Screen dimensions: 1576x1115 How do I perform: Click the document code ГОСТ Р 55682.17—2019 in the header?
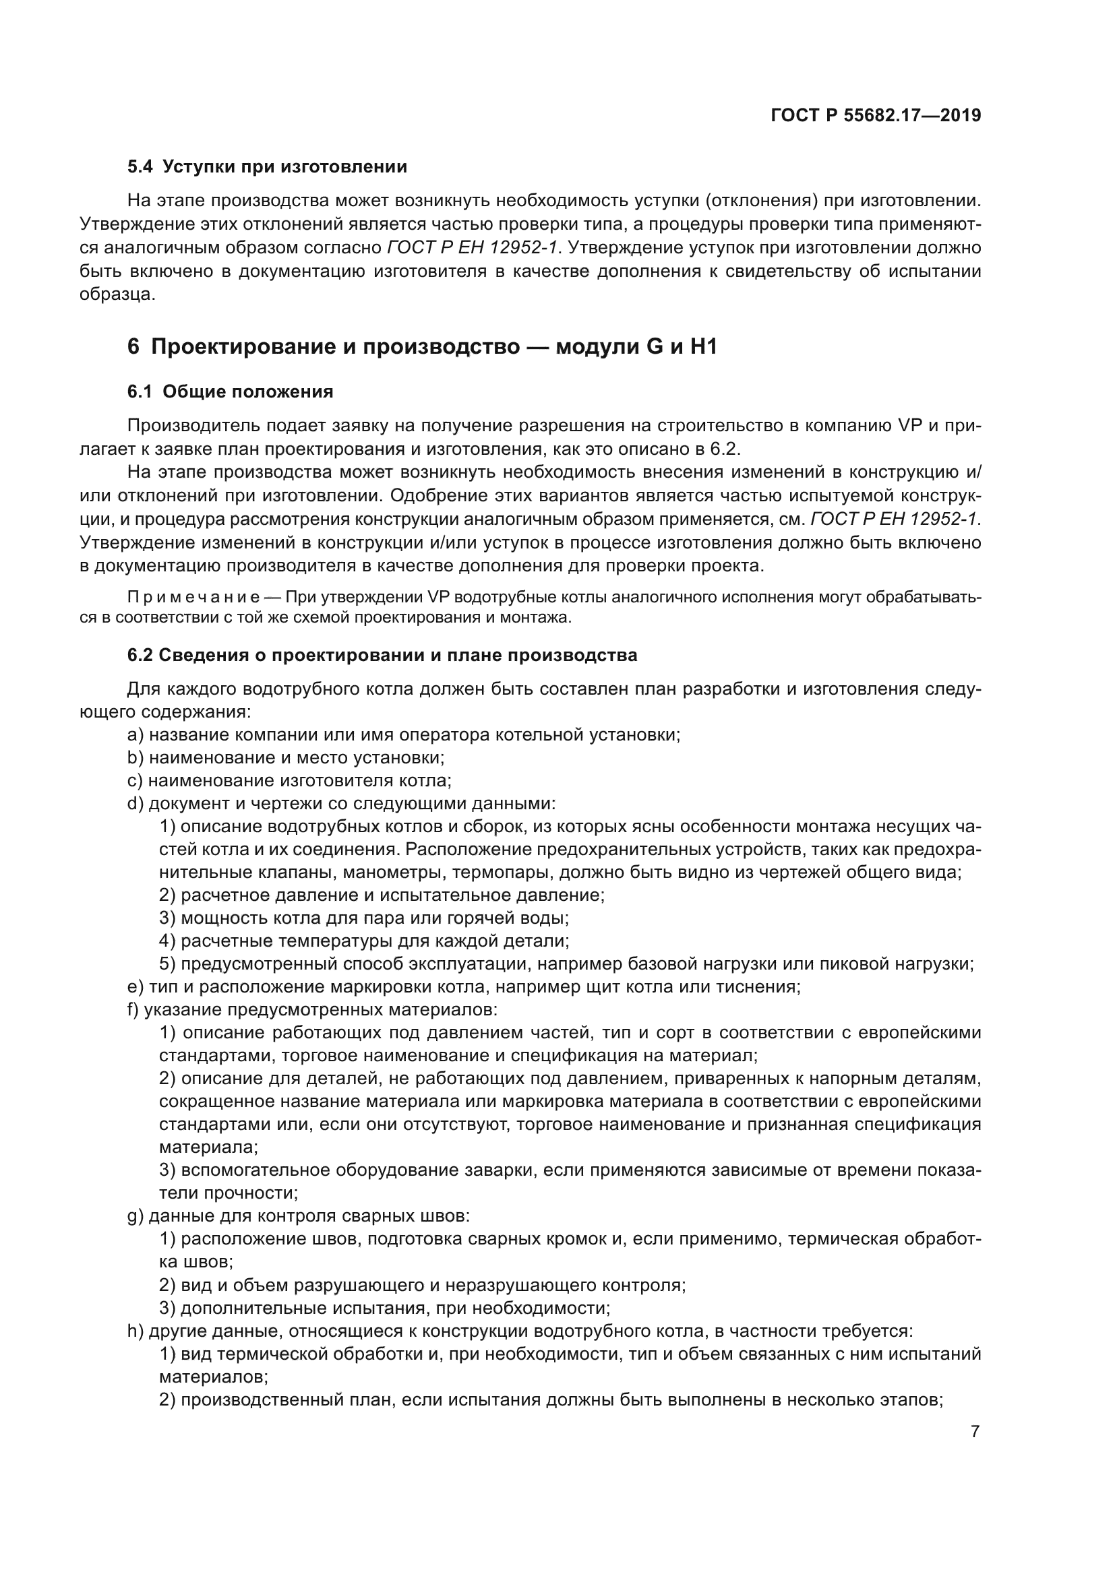point(876,115)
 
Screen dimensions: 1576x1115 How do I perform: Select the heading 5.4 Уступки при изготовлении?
point(267,167)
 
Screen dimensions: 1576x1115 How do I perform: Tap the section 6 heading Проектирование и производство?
point(421,346)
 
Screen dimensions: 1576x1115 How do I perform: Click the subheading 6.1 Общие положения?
point(230,392)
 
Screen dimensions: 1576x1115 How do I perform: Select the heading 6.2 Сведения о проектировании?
point(382,655)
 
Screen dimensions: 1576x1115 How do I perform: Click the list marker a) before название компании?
point(135,735)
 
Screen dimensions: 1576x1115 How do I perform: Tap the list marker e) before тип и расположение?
point(135,987)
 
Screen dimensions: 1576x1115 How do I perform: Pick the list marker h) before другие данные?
point(135,1331)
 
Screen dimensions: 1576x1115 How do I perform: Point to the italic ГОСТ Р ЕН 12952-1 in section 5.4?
point(472,248)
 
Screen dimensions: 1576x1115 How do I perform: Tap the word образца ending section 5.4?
point(117,294)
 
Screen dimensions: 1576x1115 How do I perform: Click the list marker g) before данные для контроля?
point(135,1216)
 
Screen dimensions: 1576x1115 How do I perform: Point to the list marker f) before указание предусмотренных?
point(134,1010)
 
